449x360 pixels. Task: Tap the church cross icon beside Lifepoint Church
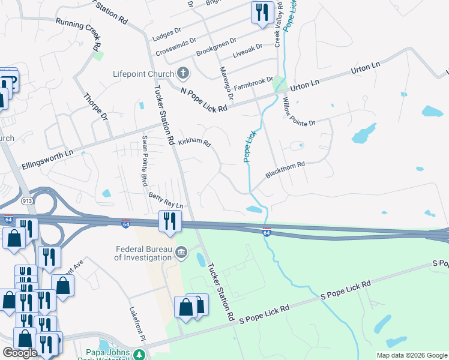coord(184,74)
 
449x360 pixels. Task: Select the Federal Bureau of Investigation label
coord(143,253)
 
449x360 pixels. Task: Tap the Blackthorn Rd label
coord(286,169)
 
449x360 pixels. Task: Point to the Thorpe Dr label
coord(95,106)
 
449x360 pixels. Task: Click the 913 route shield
coord(28,201)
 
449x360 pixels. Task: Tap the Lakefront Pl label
coord(137,326)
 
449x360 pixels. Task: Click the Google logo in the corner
coord(20,353)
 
